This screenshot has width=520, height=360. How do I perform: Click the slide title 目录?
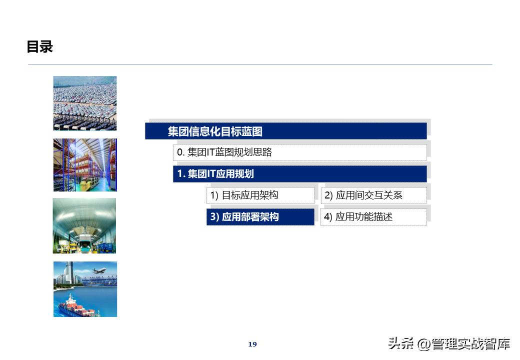point(39,47)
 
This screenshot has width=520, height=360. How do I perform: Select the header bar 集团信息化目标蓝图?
point(215,131)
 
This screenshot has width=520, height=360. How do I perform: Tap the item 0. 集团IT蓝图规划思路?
point(224,152)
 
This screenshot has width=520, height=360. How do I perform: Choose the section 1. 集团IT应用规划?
point(215,174)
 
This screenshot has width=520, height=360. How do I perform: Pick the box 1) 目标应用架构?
point(244,195)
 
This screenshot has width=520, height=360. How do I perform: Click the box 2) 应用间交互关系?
point(363,195)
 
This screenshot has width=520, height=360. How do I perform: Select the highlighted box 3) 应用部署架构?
point(244,217)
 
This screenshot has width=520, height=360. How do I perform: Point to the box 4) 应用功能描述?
point(358,217)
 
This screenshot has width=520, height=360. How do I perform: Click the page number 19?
point(252,344)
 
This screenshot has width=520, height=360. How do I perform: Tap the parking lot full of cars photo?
point(85,103)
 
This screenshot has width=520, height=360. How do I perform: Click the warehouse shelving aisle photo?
point(85,165)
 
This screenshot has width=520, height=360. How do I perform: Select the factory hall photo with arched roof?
point(84,225)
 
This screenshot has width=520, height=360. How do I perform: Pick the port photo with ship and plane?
point(85,289)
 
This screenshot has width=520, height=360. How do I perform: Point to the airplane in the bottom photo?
point(98,270)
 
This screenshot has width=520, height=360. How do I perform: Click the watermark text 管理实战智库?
point(471,344)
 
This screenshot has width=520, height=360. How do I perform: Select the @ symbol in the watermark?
point(423,344)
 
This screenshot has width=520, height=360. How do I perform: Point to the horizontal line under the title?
point(260,64)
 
